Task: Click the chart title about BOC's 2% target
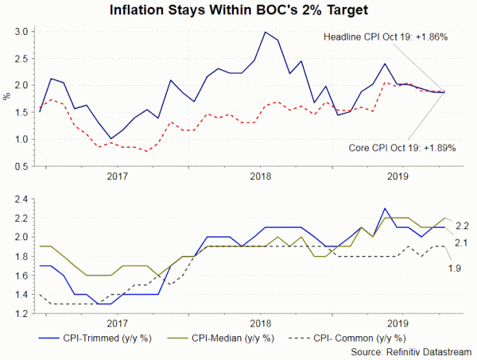tap(238, 11)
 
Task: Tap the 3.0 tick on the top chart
tap(21, 32)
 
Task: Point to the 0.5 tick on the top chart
tap(21, 166)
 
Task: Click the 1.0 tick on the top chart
tap(21, 139)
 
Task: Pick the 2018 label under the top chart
tap(258, 176)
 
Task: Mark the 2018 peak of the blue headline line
tap(265, 33)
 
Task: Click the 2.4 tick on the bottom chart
tap(21, 199)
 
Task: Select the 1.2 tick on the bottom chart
tap(21, 314)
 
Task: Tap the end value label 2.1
tap(460, 242)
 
